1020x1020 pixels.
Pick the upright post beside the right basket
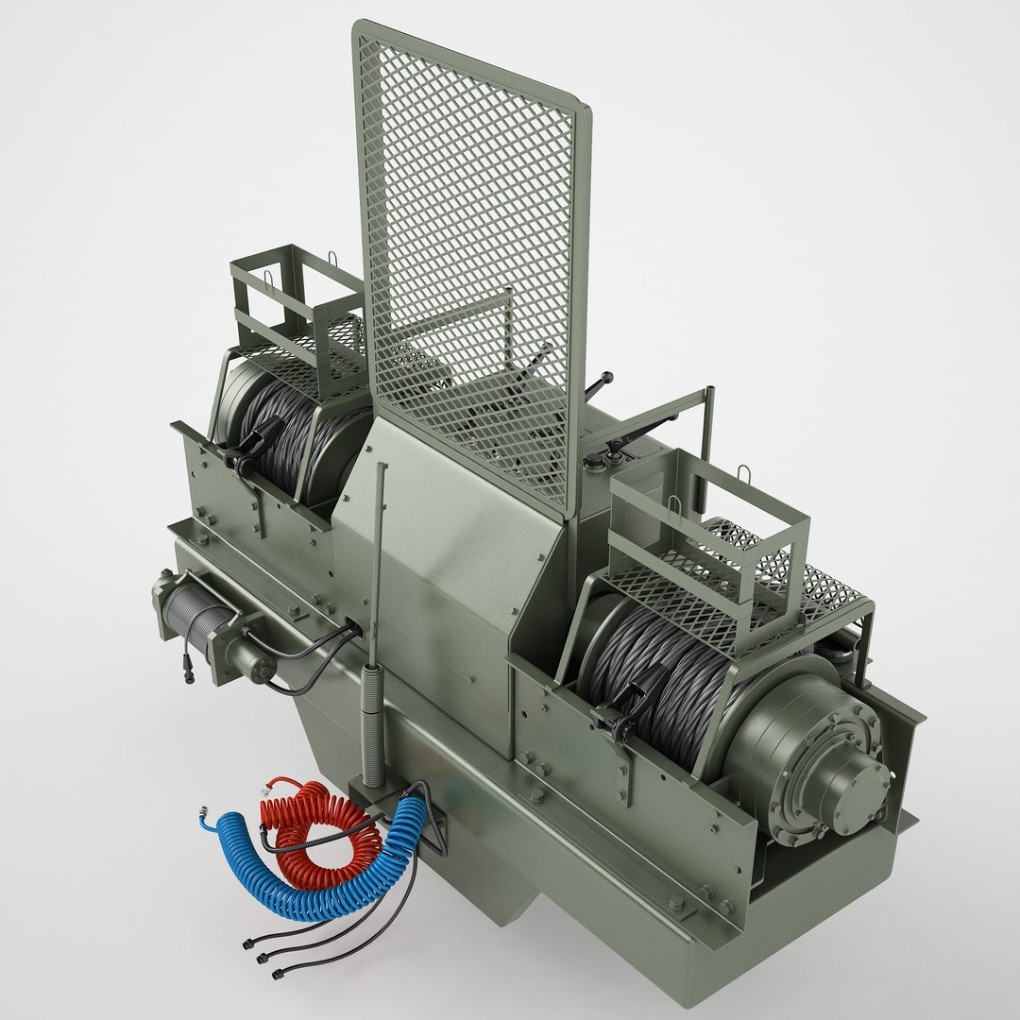click(705, 425)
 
